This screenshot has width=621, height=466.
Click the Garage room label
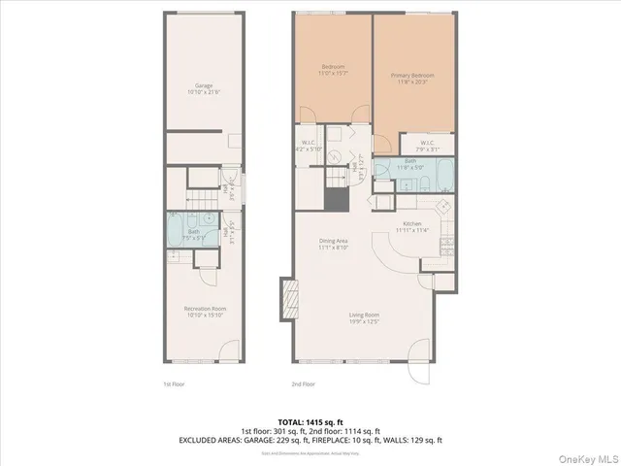click(203, 85)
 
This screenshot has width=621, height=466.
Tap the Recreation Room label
click(204, 309)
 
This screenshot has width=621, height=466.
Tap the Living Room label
click(366, 314)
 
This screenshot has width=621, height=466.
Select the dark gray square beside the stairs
click(336, 201)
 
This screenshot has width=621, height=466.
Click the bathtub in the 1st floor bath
click(177, 229)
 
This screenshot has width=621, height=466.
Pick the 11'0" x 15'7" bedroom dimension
click(334, 73)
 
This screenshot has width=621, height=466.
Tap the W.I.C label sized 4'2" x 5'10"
click(308, 146)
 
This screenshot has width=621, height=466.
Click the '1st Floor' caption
click(173, 383)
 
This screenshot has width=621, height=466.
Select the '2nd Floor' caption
click(304, 383)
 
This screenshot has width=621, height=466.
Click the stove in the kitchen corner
click(441, 206)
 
